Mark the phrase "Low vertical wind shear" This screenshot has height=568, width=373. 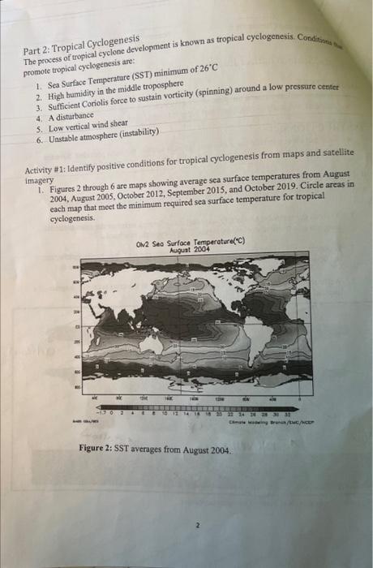tap(88, 128)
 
